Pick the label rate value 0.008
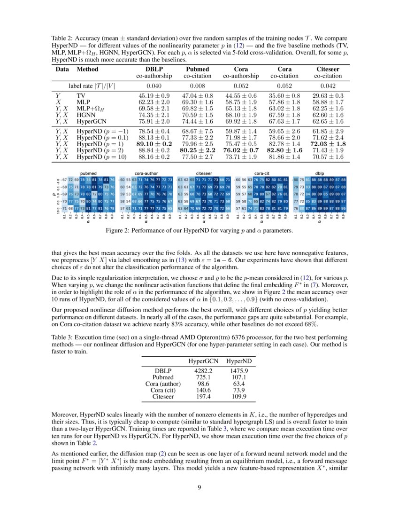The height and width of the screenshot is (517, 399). tap(197, 86)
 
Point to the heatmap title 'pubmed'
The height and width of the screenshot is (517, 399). tap(88, 173)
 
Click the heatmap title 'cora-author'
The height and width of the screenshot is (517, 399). tap(146, 173)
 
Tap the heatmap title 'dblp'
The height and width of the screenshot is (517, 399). tap(319, 173)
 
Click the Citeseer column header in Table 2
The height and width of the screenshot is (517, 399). tap(328, 69)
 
